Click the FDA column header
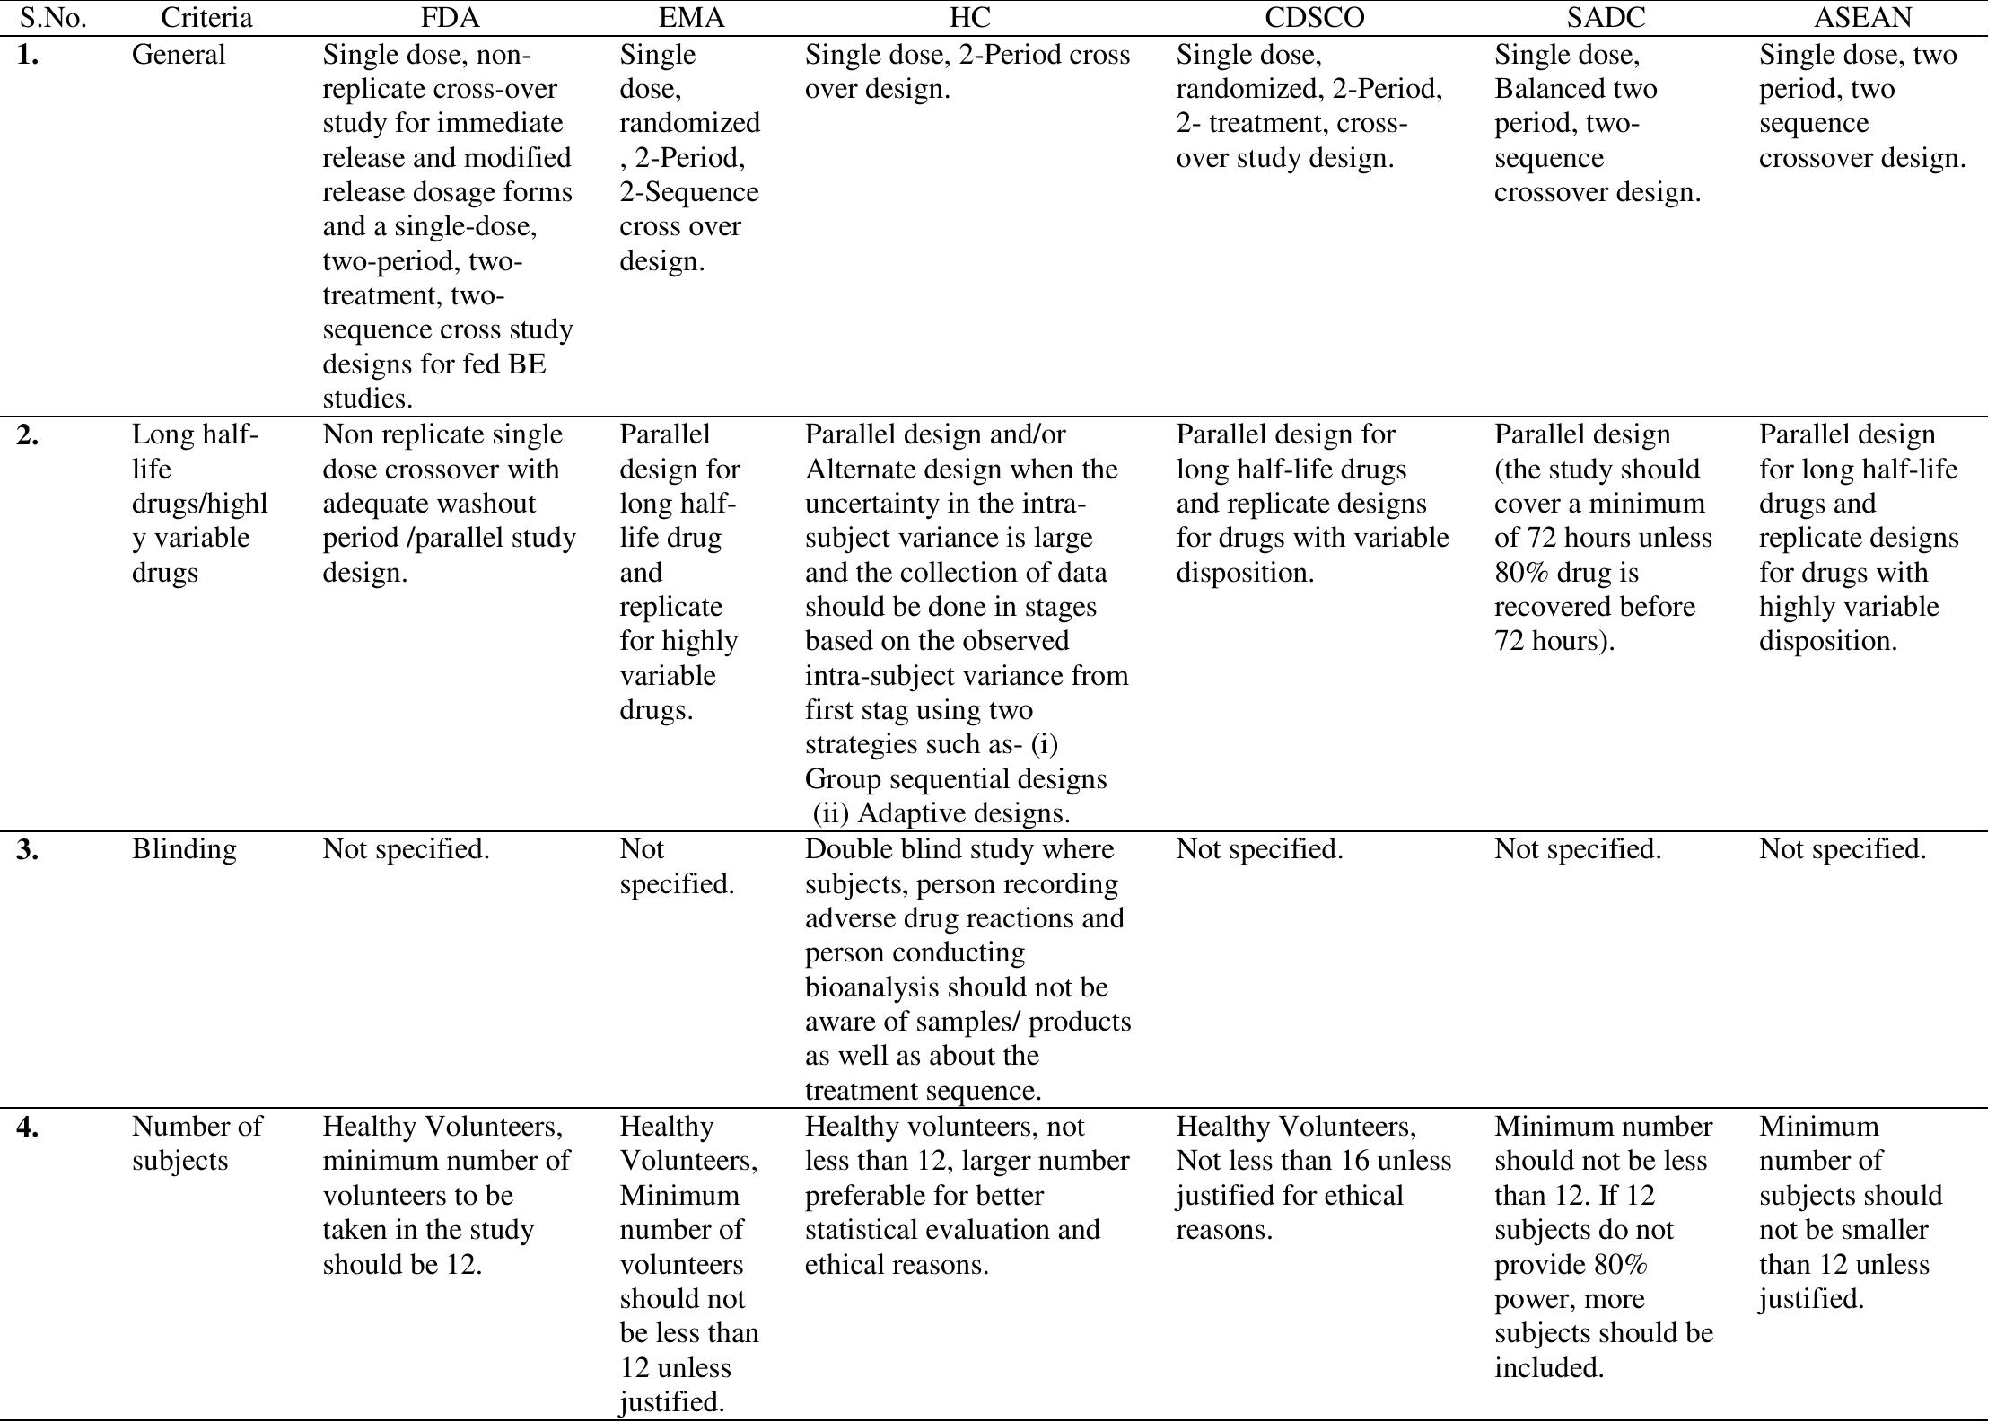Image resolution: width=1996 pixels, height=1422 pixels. point(451,17)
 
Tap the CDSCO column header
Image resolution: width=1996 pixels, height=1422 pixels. point(1314,17)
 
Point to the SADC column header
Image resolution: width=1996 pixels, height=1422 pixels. point(1606,17)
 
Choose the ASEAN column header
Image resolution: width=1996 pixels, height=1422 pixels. point(1862,17)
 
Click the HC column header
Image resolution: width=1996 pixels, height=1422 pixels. point(969,17)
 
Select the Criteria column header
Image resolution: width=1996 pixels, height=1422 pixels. point(206,17)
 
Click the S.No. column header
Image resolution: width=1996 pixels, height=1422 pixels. point(53,17)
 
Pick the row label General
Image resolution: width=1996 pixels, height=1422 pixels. point(179,55)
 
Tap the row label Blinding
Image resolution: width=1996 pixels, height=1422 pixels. point(184,849)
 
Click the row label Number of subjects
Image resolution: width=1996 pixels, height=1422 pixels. point(197,1143)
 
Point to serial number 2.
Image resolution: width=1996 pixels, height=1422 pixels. point(28,435)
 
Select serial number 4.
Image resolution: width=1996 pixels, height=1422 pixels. point(28,1128)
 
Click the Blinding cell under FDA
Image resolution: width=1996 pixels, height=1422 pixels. point(406,849)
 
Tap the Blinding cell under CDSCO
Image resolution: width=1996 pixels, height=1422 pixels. point(1259,849)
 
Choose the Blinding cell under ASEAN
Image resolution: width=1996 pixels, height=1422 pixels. point(1842,849)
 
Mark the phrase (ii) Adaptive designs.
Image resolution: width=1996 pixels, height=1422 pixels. point(941,813)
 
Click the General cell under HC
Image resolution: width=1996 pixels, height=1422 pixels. point(967,72)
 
